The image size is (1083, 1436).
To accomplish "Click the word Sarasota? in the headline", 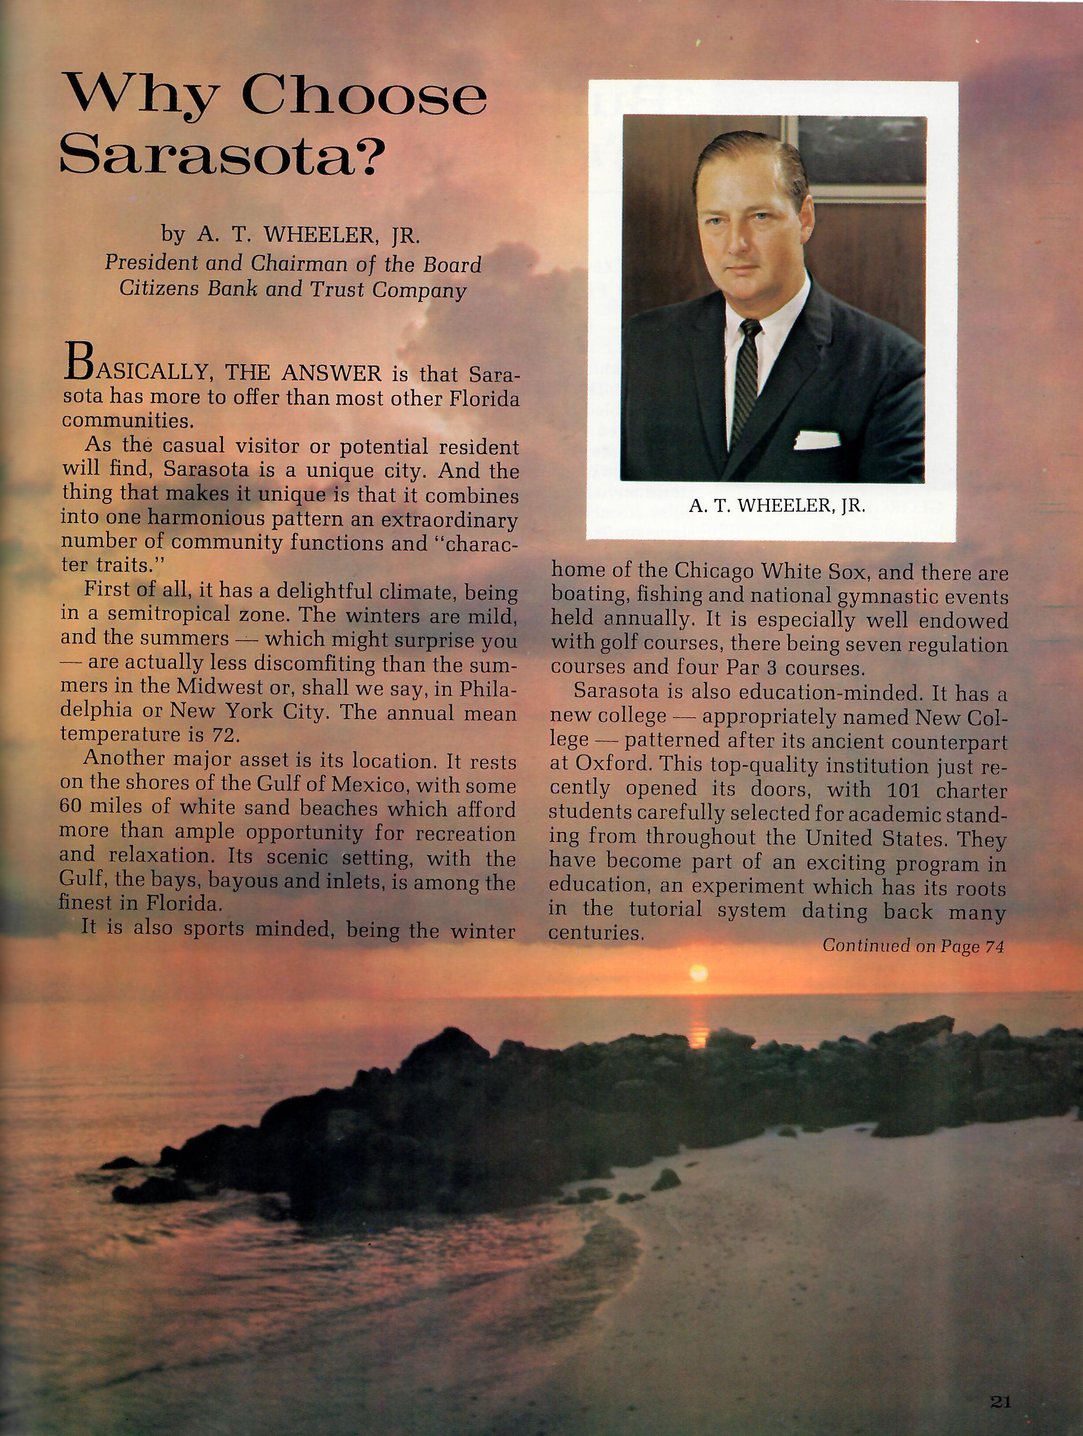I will click(x=219, y=156).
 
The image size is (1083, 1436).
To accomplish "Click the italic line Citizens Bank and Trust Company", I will click(x=292, y=290).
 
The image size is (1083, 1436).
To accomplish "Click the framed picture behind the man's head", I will click(x=859, y=156).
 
